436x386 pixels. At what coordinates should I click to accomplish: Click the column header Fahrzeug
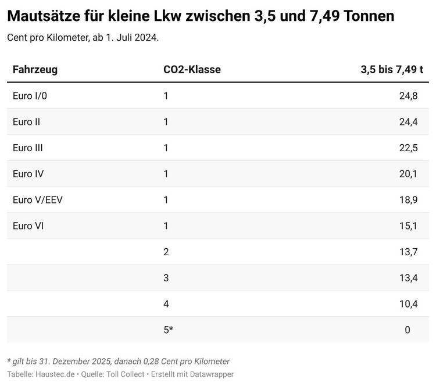coord(35,70)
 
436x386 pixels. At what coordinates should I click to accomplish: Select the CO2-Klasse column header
coord(192,70)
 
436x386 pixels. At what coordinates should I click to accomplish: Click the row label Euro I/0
coord(30,96)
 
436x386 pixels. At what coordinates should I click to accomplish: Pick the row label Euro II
coord(26,122)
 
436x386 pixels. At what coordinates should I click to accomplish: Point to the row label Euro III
coord(28,148)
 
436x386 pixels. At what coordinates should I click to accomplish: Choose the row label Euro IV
coord(28,174)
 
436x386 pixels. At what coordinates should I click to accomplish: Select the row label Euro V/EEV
coord(38,200)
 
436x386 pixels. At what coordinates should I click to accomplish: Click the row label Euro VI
coord(28,226)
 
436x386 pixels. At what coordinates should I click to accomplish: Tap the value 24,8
coord(408,96)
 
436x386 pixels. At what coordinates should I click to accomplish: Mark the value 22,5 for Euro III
coord(408,148)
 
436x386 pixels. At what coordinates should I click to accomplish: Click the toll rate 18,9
coord(408,200)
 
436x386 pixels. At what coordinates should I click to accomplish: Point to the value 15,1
coord(408,226)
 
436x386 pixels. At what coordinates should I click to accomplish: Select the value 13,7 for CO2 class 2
coord(408,252)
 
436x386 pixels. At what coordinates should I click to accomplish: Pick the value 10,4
coord(408,303)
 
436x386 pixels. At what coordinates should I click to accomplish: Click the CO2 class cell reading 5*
coord(169,330)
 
